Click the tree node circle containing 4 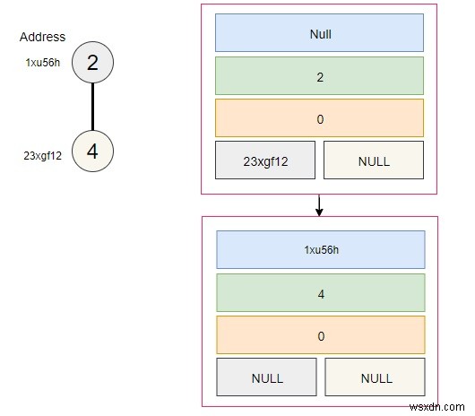coord(92,152)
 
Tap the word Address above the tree coord(42,38)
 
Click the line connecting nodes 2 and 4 coord(92,108)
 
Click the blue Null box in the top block coord(319,35)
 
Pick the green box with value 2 coord(319,77)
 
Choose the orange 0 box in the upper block coord(319,118)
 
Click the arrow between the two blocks coord(319,205)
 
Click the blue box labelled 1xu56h coord(319,250)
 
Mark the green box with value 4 coord(319,292)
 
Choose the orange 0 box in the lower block coord(319,334)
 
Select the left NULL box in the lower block coord(265,377)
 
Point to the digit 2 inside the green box coord(319,77)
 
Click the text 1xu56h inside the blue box coord(319,250)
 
